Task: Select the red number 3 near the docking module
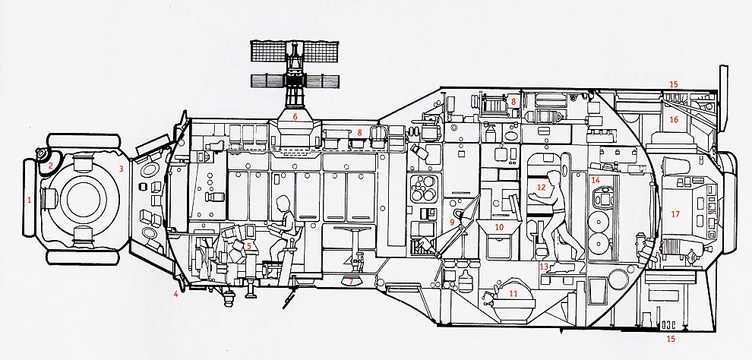pyautogui.click(x=120, y=169)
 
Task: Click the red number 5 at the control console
pyautogui.click(x=248, y=246)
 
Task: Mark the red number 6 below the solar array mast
pyautogui.click(x=295, y=117)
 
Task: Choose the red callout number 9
pyautogui.click(x=453, y=222)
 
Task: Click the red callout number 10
pyautogui.click(x=499, y=227)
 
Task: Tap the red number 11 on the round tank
pyautogui.click(x=513, y=292)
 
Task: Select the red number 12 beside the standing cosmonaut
pyautogui.click(x=541, y=186)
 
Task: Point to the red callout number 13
pyautogui.click(x=544, y=267)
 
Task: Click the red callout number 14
pyautogui.click(x=596, y=180)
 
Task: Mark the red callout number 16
pyautogui.click(x=673, y=120)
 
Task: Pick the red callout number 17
pyautogui.click(x=675, y=214)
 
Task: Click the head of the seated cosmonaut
pyautogui.click(x=282, y=204)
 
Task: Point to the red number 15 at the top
pyautogui.click(x=673, y=84)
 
